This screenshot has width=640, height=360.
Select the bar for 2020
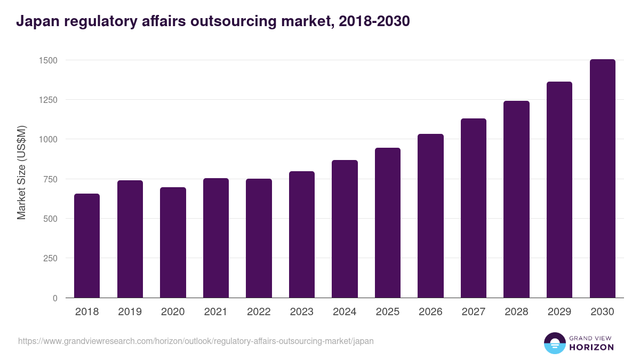coord(173,243)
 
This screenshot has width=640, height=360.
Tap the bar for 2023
coord(302,235)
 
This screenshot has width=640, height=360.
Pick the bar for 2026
coord(430,216)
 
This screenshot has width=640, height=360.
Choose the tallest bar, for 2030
coord(602,179)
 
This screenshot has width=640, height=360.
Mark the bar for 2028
coord(516,199)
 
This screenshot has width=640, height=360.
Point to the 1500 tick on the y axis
coord(48,60)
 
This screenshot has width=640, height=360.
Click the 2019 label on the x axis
coord(130,312)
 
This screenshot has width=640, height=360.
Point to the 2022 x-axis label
coord(259,312)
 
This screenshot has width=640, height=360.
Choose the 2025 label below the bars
coord(387,312)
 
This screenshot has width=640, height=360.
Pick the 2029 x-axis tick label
coord(559,312)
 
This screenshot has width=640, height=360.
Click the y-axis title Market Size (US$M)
coord(21,172)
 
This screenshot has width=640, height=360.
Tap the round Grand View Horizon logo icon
coord(554,343)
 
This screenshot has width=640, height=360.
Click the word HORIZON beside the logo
coord(591,347)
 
